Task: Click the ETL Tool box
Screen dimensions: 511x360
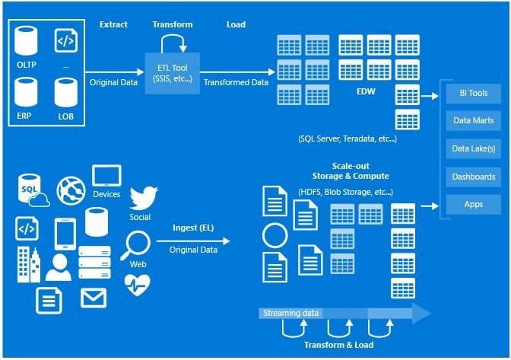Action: click(x=172, y=73)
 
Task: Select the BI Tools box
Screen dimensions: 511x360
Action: click(x=473, y=94)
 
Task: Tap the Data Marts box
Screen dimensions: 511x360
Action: click(x=473, y=121)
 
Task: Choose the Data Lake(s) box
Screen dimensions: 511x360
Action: click(x=473, y=148)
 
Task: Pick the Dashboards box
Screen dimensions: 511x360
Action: click(x=473, y=177)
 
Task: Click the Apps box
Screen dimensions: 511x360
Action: click(x=473, y=205)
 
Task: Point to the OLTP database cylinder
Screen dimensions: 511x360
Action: click(x=26, y=41)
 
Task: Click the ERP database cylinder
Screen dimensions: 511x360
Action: click(x=26, y=92)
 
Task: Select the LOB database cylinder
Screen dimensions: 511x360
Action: click(x=66, y=92)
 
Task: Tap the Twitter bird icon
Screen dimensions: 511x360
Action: click(x=144, y=198)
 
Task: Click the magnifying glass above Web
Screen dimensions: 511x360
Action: click(x=135, y=245)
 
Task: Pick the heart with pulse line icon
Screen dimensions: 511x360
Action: click(x=138, y=285)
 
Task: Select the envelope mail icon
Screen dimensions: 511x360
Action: click(x=94, y=298)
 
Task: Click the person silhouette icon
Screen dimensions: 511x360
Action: click(x=59, y=268)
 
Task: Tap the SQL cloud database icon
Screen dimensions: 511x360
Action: click(x=33, y=191)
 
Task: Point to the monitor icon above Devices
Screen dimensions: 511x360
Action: click(x=106, y=176)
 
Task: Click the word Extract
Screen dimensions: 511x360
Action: click(x=113, y=24)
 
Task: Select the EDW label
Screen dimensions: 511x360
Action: click(x=366, y=91)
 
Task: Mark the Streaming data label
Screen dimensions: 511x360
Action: click(x=290, y=313)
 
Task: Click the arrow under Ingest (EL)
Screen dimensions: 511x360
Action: click(x=193, y=241)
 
